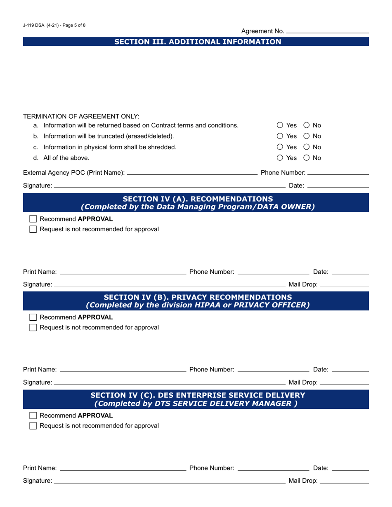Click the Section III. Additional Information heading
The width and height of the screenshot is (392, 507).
(198, 42)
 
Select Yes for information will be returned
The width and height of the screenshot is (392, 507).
(280, 125)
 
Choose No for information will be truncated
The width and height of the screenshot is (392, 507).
(307, 136)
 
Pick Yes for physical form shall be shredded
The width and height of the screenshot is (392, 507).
(280, 147)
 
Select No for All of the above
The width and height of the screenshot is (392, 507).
(307, 157)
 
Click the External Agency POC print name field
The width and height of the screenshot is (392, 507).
(192, 172)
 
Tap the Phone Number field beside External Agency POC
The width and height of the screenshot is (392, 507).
(338, 172)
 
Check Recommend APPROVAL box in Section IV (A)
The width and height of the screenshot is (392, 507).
(34, 219)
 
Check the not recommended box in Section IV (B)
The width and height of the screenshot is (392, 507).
(34, 328)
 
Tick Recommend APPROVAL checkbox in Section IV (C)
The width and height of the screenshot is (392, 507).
(34, 415)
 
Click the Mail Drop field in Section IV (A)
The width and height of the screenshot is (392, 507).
(344, 284)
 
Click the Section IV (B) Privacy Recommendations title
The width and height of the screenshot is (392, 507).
(198, 297)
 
